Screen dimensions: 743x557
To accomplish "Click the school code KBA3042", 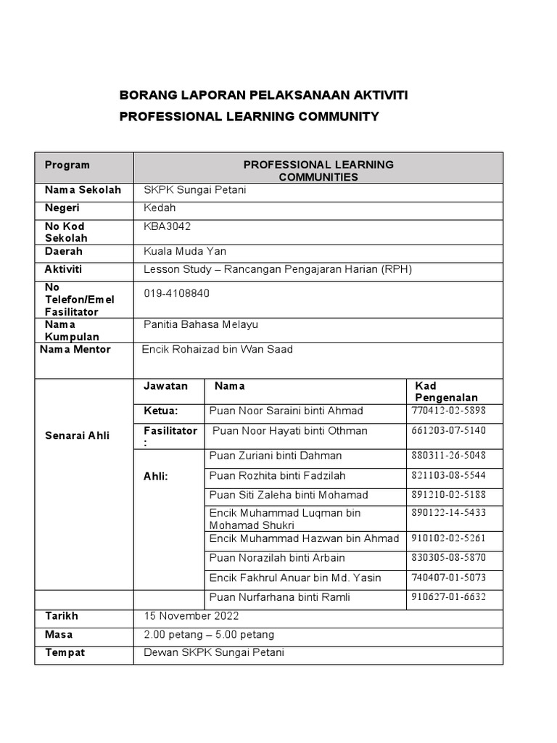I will (x=168, y=226).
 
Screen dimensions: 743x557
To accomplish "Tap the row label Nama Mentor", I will (x=75, y=350).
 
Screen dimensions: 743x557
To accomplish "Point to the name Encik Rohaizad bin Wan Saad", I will (x=218, y=350).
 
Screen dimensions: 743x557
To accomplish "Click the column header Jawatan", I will (x=165, y=386).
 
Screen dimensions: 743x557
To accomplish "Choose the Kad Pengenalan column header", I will (x=446, y=392).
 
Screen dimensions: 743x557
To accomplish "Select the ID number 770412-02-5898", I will (x=448, y=411).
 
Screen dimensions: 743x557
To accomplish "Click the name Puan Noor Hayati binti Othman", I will (x=289, y=431).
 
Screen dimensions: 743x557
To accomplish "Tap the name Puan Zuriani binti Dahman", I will (x=276, y=456).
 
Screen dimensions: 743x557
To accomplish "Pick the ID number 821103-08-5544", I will (x=448, y=476).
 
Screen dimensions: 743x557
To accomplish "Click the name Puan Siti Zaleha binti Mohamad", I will (x=289, y=495).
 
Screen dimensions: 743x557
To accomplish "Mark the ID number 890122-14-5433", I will (x=448, y=513).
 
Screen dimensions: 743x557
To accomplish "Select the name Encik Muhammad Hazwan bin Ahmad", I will (x=304, y=538).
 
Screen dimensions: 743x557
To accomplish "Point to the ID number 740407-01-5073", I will (x=448, y=578).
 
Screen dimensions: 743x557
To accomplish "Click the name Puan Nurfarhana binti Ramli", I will (x=280, y=597).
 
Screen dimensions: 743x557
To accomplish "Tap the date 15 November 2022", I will (x=191, y=616).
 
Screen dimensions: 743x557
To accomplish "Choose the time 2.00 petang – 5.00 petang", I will (x=209, y=635).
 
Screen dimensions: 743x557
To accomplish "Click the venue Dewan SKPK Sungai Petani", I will (x=214, y=653).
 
